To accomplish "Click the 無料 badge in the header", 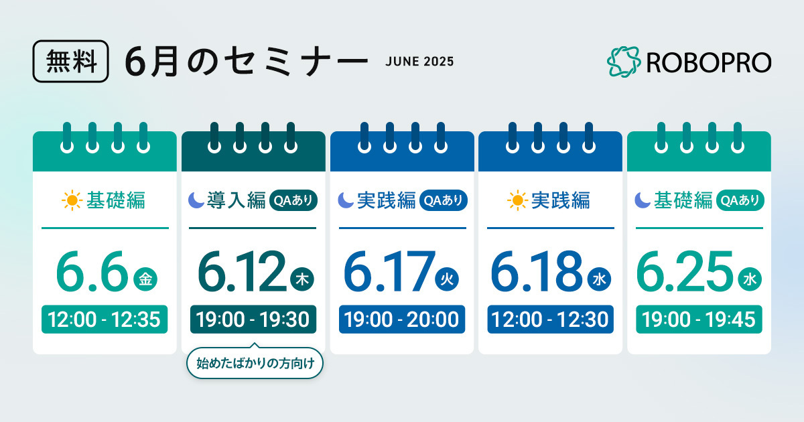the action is [71, 62].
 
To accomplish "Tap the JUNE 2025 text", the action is [419, 62].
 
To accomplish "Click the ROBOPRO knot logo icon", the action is [624, 62].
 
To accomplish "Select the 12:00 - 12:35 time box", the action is [105, 320].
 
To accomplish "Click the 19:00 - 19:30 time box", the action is [253, 320].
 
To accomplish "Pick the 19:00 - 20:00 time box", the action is [402, 320].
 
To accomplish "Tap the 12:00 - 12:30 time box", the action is [550, 320].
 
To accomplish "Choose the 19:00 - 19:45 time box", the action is [699, 320].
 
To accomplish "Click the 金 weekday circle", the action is [145, 279].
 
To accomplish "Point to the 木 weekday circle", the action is [302, 279].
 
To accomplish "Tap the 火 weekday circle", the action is [447, 279].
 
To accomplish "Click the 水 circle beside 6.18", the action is [600, 279].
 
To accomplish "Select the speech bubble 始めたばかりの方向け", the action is [255, 363].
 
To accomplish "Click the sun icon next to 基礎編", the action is [72, 200].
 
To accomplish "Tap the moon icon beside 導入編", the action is [196, 200].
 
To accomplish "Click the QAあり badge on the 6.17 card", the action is [444, 200].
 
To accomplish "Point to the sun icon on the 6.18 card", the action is [517, 200].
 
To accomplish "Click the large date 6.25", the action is [685, 272].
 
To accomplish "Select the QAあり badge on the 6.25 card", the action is [740, 200].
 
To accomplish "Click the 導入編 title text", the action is [237, 200].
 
